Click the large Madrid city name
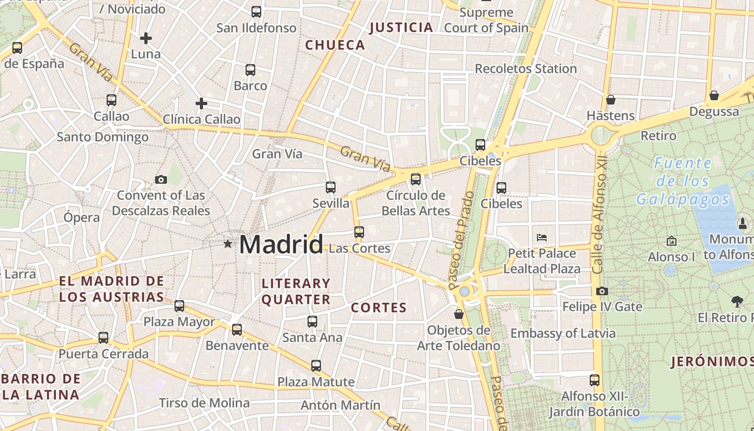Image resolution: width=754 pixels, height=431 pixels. [281, 245]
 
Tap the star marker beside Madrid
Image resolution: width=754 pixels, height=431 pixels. [228, 244]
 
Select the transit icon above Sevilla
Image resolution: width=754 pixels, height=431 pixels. [331, 187]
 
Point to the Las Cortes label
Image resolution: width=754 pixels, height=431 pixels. [359, 248]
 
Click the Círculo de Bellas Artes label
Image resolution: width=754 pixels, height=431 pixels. [416, 203]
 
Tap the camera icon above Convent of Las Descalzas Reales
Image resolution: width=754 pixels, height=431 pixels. [160, 179]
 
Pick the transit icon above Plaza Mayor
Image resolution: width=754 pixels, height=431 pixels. [179, 306]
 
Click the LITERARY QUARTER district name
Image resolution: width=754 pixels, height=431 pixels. [296, 291]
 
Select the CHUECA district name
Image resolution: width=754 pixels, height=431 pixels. [335, 45]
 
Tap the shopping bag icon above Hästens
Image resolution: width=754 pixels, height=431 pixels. [611, 100]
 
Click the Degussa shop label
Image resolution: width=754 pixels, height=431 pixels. [714, 112]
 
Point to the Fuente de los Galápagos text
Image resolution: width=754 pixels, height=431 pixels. [683, 181]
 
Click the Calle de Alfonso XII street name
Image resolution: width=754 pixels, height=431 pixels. [599, 214]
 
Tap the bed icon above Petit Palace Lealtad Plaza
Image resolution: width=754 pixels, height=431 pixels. [542, 237]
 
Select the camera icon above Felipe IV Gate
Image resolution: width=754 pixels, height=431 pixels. [602, 291]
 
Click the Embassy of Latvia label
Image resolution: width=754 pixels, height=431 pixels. [563, 333]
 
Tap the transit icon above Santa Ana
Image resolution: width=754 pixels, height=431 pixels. [312, 322]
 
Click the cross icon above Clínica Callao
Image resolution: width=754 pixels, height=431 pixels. [201, 103]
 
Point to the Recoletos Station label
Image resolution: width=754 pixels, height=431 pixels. [526, 69]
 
